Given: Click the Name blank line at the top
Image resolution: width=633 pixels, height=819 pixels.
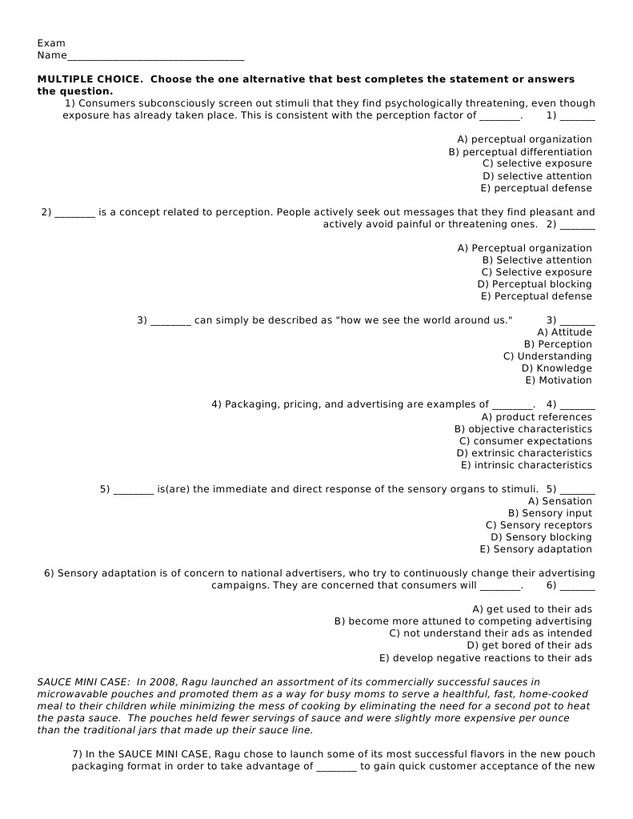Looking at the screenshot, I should click(x=155, y=57).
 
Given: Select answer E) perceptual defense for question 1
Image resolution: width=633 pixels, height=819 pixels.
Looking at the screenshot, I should click(x=536, y=188).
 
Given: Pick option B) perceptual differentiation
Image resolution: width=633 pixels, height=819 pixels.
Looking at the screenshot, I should click(x=520, y=152).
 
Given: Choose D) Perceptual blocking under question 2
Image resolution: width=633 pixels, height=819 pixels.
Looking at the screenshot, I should click(x=535, y=284).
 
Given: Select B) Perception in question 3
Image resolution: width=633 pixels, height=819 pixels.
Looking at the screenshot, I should click(x=558, y=344).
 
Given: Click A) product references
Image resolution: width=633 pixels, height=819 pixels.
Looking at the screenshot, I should click(x=536, y=417).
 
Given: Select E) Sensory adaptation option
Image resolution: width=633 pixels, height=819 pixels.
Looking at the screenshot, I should click(x=535, y=549).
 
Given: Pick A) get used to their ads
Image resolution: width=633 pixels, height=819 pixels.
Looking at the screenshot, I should click(x=532, y=609).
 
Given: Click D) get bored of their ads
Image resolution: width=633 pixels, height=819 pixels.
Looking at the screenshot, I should click(x=529, y=645).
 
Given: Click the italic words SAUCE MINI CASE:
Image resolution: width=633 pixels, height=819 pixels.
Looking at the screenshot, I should click(x=84, y=682).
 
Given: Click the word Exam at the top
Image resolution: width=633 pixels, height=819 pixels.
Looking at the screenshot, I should click(x=51, y=43).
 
